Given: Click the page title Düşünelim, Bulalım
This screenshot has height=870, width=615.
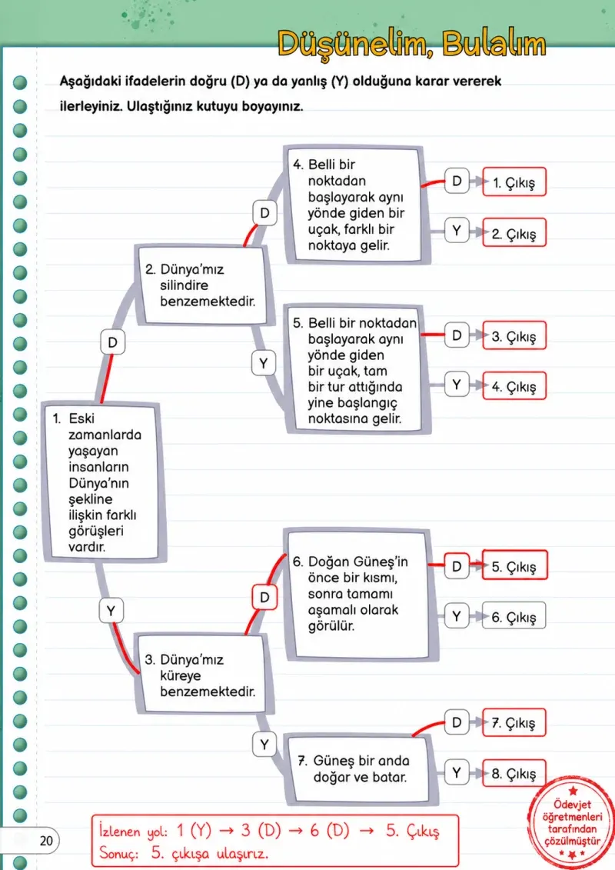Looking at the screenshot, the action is [x=411, y=44].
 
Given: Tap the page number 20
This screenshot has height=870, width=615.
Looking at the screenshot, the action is [x=46, y=841].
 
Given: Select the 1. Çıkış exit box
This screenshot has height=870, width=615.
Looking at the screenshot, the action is [x=514, y=182].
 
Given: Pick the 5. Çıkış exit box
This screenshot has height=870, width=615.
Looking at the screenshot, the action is [x=514, y=565].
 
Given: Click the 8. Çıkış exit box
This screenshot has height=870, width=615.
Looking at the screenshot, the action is [x=514, y=773].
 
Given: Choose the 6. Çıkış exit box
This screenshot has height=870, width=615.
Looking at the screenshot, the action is [x=514, y=616].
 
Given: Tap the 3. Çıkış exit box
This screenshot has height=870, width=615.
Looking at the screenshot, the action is [x=514, y=335].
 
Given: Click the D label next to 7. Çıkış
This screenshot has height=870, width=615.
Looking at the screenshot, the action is [x=457, y=722].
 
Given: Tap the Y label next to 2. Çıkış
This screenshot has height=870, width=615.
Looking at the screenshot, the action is [x=457, y=230].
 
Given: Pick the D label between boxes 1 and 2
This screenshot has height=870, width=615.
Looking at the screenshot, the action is [x=112, y=342].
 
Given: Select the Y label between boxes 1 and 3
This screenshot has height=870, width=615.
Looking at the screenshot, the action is [x=111, y=610].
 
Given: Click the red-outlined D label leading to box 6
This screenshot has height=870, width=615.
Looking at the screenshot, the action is [x=264, y=597].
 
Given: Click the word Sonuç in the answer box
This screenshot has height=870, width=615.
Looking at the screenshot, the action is [x=118, y=853].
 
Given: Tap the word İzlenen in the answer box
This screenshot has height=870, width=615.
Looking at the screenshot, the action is [x=120, y=831].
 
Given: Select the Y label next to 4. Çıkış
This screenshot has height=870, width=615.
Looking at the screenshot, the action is [x=457, y=385].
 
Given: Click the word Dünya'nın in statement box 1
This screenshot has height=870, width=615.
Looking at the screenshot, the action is [x=98, y=483].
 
